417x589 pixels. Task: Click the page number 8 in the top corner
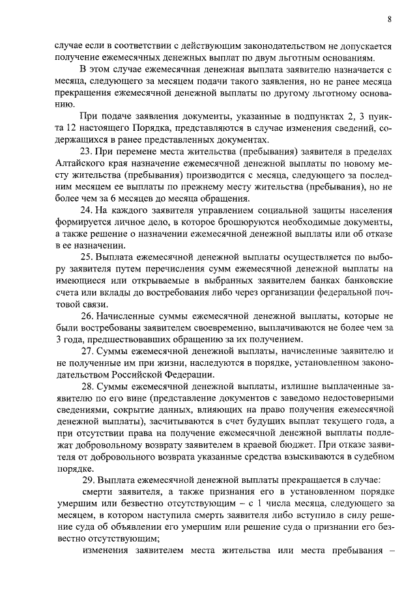pyautogui.click(x=389, y=20)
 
